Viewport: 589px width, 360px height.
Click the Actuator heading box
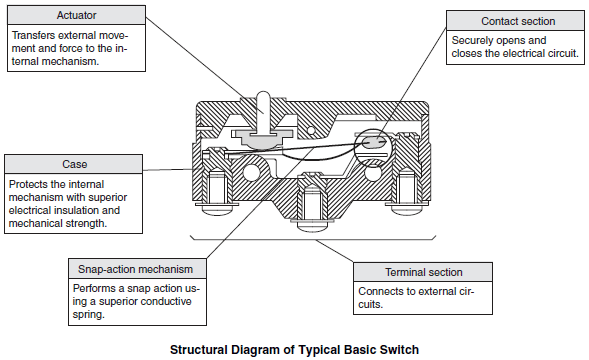[x=76, y=15]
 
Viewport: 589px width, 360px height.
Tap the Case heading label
[x=74, y=164]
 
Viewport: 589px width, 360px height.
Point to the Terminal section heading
[x=423, y=272]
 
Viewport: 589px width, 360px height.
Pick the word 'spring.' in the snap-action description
[x=89, y=315]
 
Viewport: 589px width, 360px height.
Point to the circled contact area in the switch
[x=373, y=148]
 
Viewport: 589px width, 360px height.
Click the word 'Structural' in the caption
[x=199, y=350]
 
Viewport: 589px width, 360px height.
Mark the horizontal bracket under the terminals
[x=313, y=238]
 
